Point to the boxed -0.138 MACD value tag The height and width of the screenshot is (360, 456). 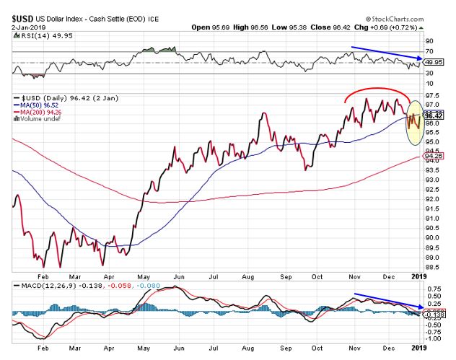coord(434,315)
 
